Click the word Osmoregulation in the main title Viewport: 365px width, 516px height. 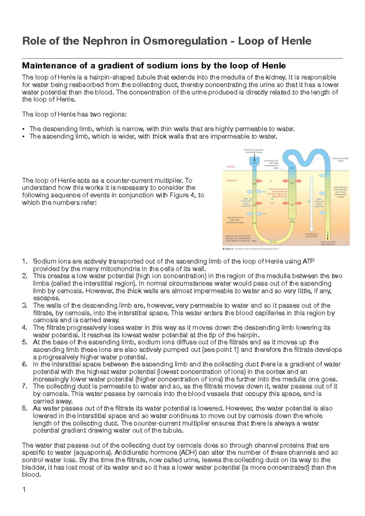(185, 41)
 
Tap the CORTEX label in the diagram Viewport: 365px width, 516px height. (231, 167)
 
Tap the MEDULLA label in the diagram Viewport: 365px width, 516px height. (232, 180)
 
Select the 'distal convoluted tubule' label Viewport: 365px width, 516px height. (340, 159)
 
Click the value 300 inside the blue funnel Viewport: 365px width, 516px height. (255, 163)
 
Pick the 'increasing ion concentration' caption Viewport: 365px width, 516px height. (311, 235)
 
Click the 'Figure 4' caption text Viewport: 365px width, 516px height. (228, 249)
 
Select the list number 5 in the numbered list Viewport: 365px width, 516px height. (25, 342)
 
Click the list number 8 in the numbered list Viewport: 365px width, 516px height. (25, 409)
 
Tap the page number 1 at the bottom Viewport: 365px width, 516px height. (24, 490)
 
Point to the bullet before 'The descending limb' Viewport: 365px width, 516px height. (23, 129)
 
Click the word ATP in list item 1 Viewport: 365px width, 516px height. (308, 261)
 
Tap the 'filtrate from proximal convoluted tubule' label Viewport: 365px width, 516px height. (253, 151)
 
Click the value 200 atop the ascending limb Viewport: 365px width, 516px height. (292, 168)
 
